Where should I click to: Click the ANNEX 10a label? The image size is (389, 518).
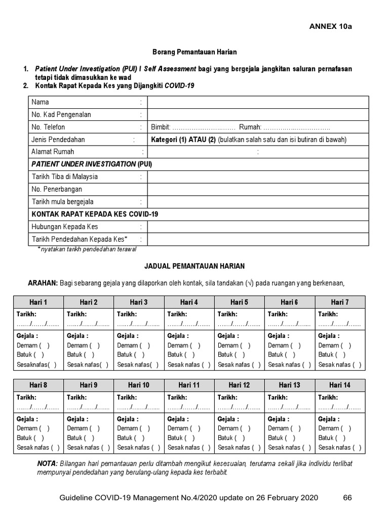[x=330, y=27]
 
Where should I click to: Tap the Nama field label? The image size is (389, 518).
[x=41, y=102]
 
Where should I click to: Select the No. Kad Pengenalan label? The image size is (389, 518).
[x=61, y=115]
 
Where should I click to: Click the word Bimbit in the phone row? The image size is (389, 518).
[x=160, y=127]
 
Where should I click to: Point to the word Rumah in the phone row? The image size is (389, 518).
[x=250, y=127]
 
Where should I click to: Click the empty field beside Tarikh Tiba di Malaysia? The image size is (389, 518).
[x=258, y=177]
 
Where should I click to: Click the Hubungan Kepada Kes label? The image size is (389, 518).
[x=65, y=227]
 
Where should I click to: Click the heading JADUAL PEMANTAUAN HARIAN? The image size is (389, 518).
[x=194, y=266]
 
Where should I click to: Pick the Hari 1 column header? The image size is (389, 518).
[x=38, y=303]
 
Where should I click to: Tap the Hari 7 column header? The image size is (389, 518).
[x=339, y=303]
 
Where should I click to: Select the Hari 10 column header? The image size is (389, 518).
[x=139, y=385]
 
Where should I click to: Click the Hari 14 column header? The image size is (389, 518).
[x=339, y=385]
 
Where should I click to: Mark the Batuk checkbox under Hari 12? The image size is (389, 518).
[x=242, y=438]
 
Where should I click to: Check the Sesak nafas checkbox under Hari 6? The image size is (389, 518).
[x=307, y=364]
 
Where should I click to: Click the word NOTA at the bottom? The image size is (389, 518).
[x=47, y=464]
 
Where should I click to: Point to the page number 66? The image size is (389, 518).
[x=347, y=498]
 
